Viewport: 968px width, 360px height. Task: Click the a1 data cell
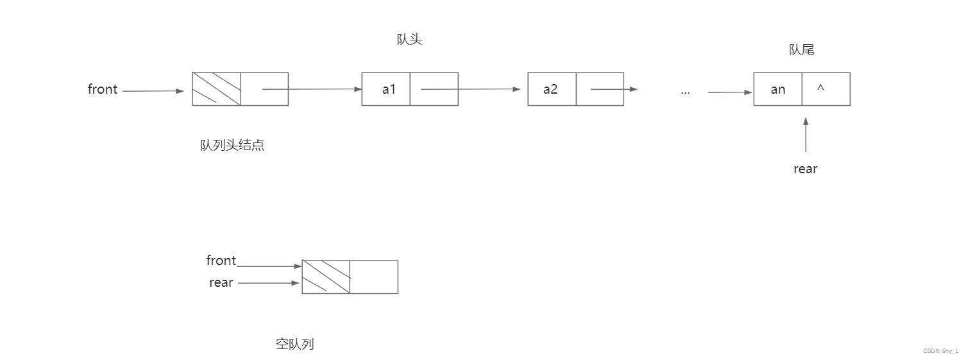386,89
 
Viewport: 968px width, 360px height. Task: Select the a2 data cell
552,89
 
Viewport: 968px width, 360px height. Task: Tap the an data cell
777,89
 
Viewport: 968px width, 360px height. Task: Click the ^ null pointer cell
826,89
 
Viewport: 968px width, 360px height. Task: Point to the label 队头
409,40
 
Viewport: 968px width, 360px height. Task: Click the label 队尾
801,50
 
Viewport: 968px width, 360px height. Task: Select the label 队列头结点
232,145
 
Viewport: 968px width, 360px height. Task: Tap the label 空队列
295,344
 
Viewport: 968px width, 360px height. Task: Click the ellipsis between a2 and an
685,92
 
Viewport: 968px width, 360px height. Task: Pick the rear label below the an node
805,169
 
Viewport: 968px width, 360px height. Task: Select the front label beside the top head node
103,89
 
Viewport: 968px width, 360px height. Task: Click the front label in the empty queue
221,261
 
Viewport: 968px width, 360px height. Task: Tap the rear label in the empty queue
221,282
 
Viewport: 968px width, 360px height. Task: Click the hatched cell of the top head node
217,89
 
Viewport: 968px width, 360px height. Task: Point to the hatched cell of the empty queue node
326,277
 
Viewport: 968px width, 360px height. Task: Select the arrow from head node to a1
312,89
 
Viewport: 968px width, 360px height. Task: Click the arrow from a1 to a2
470,89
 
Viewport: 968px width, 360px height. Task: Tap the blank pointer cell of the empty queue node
374,277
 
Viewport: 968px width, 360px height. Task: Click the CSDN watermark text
940,351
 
